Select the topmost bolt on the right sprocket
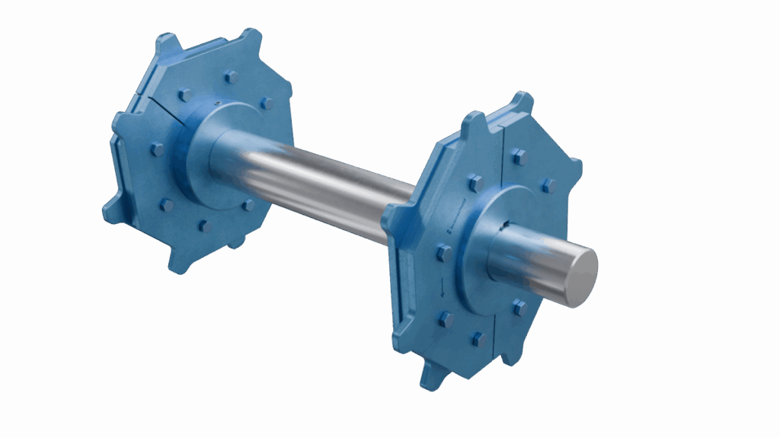[x=519, y=156]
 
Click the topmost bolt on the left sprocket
[x=231, y=77]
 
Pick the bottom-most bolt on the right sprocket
[x=478, y=339]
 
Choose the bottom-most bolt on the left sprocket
[x=204, y=225]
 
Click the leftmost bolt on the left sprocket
[x=158, y=149]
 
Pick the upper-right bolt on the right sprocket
[x=548, y=185]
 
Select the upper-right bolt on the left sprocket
[x=267, y=103]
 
